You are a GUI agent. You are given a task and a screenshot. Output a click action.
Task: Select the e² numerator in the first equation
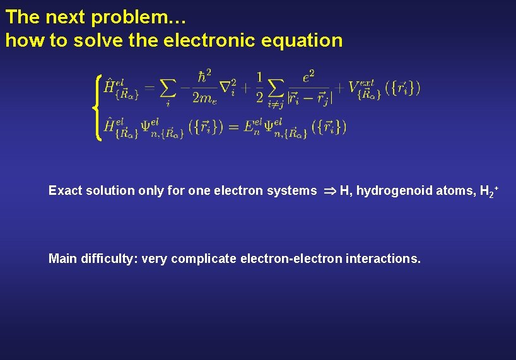point(308,77)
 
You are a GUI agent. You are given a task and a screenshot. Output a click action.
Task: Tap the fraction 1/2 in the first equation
point(260,86)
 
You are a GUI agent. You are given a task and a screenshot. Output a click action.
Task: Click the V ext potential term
point(363,88)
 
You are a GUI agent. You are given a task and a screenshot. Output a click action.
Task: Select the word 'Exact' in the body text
point(65,190)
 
